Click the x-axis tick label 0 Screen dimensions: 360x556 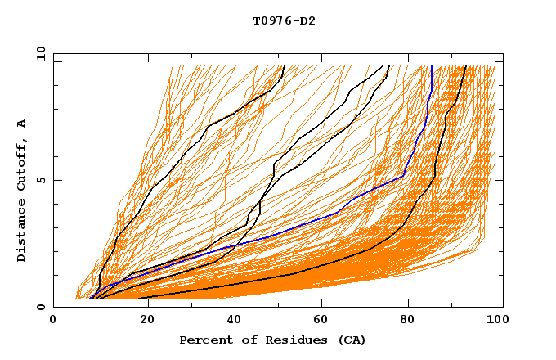pos(54,321)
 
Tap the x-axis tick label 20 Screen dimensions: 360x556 pos(142,321)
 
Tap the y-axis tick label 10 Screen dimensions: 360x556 pos(39,53)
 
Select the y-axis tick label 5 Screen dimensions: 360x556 pos(43,180)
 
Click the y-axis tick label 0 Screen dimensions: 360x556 pos(43,307)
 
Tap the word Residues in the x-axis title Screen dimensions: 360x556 pos(289,340)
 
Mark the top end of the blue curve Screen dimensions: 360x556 pos(431,66)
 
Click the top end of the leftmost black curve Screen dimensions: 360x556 pos(283,66)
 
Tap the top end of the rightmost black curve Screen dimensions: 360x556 pos(465,66)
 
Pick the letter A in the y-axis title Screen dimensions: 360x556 pos(22,124)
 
